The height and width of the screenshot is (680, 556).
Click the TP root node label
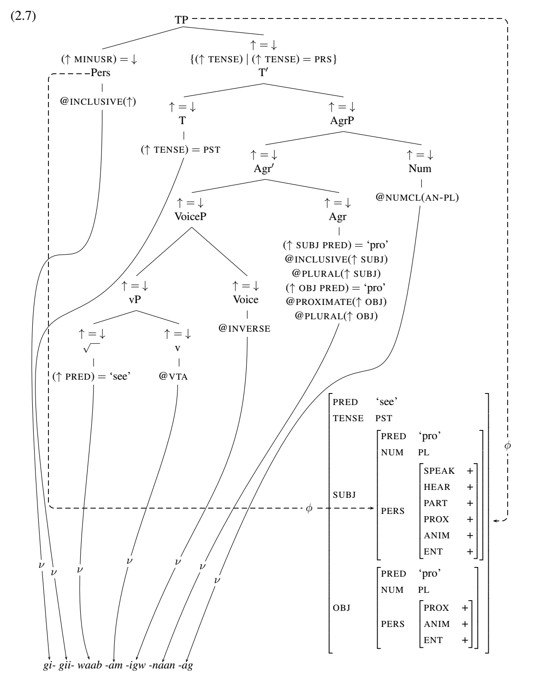point(181,20)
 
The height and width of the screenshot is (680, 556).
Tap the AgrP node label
point(342,121)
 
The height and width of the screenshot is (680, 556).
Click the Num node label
point(420,168)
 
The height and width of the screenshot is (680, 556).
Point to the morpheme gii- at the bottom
point(66,666)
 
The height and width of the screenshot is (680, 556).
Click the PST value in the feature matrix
point(384,418)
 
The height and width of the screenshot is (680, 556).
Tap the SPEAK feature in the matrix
point(439,471)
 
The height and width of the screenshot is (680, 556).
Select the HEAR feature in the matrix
point(437,487)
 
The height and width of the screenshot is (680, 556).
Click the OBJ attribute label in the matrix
point(342,608)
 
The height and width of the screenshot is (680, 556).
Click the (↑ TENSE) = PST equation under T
point(181,150)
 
